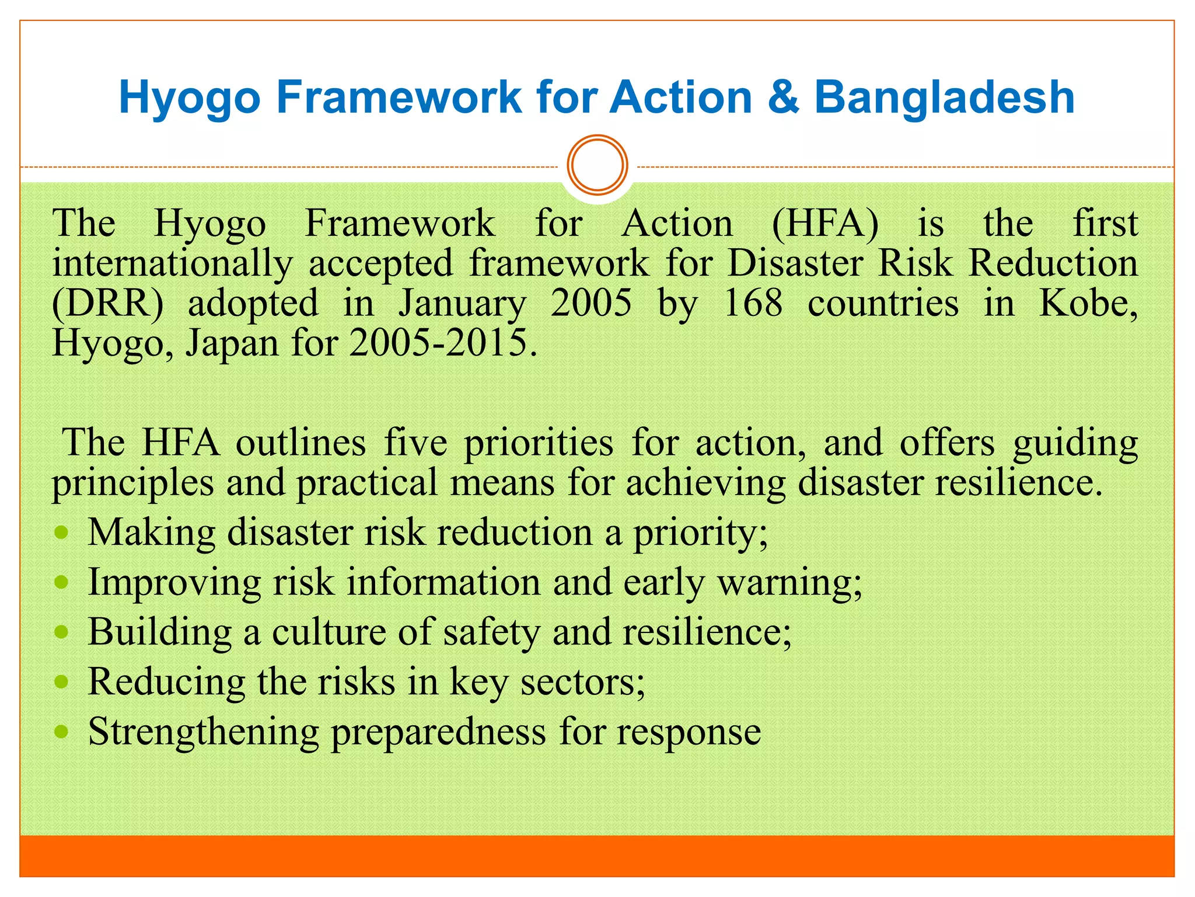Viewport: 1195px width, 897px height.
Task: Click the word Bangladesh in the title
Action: point(944,97)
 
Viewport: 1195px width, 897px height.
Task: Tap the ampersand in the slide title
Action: point(783,97)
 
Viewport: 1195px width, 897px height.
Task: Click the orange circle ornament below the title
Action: point(597,165)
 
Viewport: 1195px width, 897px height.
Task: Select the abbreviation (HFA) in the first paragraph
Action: point(824,224)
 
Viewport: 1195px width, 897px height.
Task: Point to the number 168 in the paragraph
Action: point(753,303)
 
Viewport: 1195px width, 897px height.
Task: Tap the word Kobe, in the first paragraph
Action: point(1088,303)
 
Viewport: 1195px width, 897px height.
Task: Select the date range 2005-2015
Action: point(442,343)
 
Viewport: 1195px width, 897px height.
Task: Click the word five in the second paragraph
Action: point(415,443)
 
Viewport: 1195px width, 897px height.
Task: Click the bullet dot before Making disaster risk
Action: point(61,533)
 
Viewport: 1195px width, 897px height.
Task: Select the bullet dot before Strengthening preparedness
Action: point(61,732)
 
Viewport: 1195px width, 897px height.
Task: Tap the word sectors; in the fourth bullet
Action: point(582,682)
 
